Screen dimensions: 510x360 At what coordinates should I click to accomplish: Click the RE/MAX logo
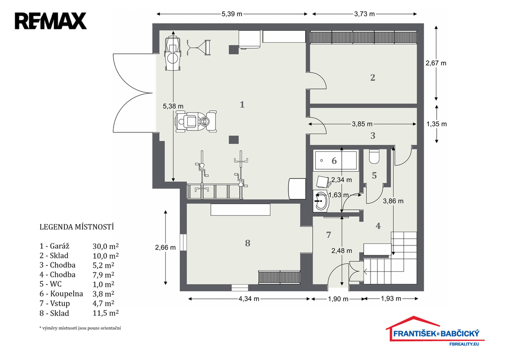tap(50, 21)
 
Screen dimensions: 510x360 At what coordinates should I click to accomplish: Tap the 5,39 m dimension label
tap(232, 14)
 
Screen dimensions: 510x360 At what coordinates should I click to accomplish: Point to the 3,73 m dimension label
tap(364, 14)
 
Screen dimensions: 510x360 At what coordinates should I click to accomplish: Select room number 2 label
tap(373, 78)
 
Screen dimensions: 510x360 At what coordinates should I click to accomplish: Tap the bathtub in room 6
tap(336, 160)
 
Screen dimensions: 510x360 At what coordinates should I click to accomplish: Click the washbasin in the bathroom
tap(321, 201)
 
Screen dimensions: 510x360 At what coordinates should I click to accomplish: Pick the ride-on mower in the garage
tap(196, 121)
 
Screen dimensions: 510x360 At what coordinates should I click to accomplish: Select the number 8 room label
tap(248, 243)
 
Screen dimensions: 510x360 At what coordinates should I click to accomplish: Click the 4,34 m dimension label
tap(249, 299)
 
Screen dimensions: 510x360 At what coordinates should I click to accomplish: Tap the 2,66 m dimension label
tap(165, 247)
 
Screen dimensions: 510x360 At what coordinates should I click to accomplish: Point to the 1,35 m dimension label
tap(436, 124)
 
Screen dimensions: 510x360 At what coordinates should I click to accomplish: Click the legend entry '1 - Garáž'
tap(55, 246)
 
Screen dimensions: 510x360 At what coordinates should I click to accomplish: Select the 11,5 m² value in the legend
tap(106, 313)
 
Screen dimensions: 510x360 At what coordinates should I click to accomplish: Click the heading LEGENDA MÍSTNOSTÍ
tap(77, 227)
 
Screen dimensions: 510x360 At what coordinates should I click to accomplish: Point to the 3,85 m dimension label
tap(362, 124)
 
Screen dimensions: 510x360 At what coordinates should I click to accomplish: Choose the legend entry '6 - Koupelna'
tap(61, 294)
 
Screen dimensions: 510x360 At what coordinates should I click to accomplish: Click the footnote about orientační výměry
tap(80, 328)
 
